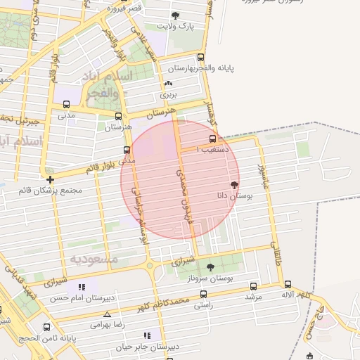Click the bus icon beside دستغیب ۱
[x=213, y=139]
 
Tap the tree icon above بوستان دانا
[x=234, y=186]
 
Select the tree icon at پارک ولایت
[x=175, y=15]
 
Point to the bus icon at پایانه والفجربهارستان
[x=201, y=58]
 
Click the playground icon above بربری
[x=168, y=82]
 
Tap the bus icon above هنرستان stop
[x=118, y=116]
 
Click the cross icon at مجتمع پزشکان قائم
[x=50, y=179]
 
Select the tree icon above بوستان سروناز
[x=210, y=267]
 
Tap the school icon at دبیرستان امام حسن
[x=82, y=287]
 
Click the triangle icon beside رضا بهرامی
[x=106, y=314]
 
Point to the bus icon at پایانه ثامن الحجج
[x=47, y=327]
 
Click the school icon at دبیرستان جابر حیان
[x=147, y=335]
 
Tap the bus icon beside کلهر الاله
[x=288, y=284]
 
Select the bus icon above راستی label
[x=203, y=295]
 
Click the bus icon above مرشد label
[x=252, y=285]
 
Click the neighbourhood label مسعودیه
[x=94, y=259]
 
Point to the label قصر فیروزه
[x=124, y=8]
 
